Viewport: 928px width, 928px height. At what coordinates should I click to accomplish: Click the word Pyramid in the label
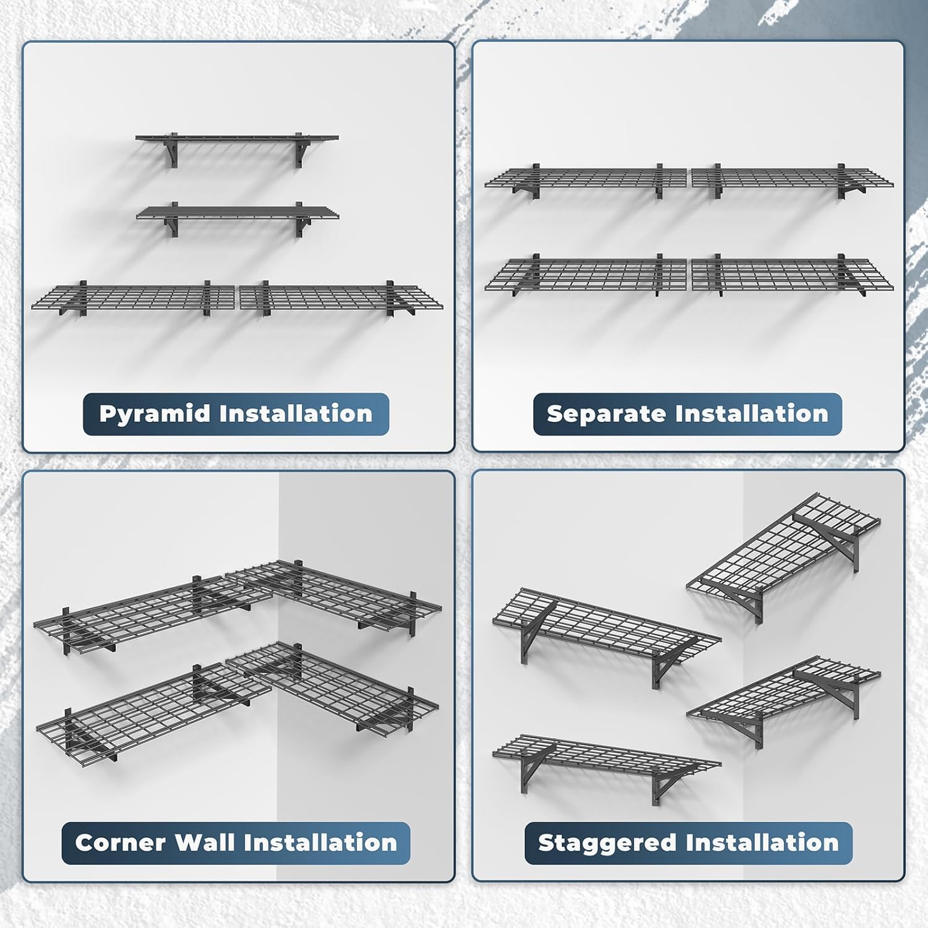[155, 415]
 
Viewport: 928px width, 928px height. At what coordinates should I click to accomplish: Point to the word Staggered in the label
[607, 844]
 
